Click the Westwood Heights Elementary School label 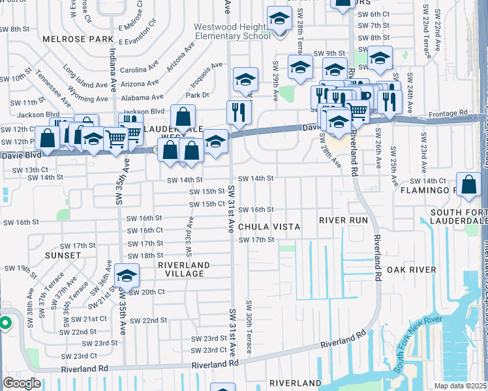tap(232, 31)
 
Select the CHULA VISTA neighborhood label tap(269, 227)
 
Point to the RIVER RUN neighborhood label tap(344, 220)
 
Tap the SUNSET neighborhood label tap(63, 256)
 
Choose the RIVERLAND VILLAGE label tap(184, 270)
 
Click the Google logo tap(22, 383)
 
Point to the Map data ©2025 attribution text tap(460, 386)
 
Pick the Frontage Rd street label tap(449, 113)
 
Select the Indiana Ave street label tap(112, 65)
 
